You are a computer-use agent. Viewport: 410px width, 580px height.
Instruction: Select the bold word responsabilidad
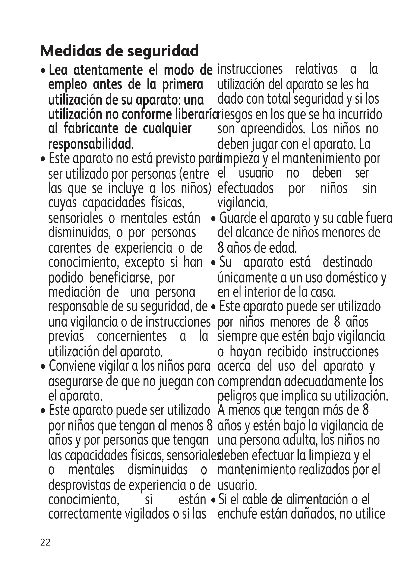tap(91, 144)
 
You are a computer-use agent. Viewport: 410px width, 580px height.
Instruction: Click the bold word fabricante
tap(91, 129)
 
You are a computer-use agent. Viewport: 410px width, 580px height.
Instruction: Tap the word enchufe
tap(237, 514)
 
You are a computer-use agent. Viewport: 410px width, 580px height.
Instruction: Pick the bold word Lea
tap(58, 70)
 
